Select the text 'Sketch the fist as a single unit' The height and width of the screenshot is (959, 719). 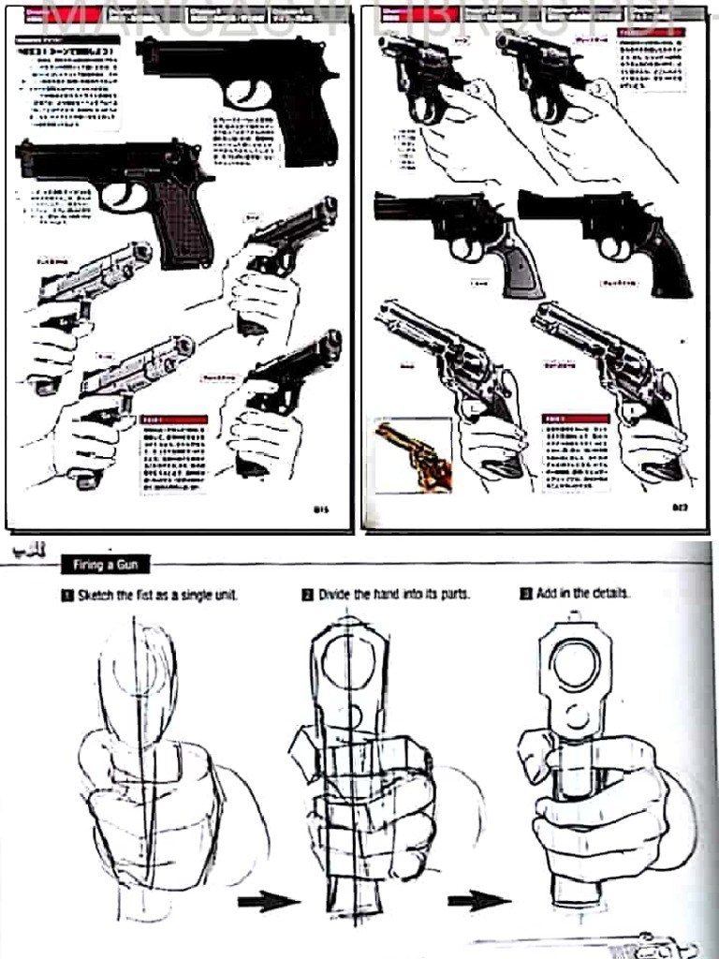click(x=156, y=595)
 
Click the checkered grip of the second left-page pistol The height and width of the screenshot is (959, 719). click(x=183, y=220)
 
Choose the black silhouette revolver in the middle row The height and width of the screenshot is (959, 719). click(x=609, y=234)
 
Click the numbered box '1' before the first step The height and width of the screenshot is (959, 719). click(x=67, y=595)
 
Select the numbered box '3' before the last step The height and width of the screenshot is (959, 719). click(x=526, y=594)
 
